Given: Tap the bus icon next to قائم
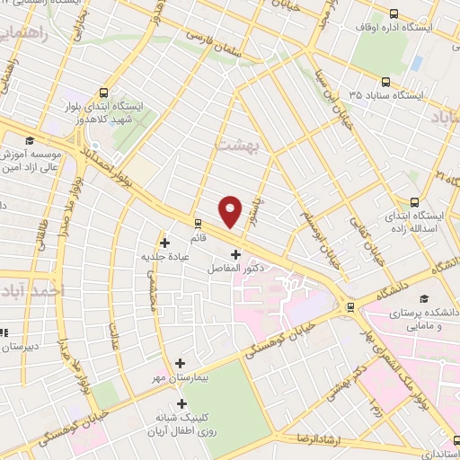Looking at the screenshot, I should pos(198,224).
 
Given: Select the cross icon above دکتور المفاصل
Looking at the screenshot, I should pos(235,253).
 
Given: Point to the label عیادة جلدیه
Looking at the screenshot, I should pos(164,257).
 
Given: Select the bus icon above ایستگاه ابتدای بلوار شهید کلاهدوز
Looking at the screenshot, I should pos(105,93).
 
